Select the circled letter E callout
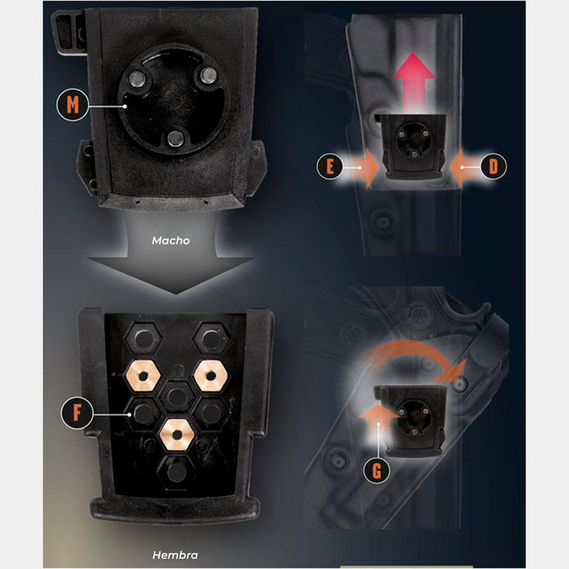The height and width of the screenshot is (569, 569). click(329, 167)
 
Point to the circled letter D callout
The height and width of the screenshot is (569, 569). click(494, 167)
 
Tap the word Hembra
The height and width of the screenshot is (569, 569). click(175, 556)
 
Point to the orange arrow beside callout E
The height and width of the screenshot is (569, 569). click(365, 168)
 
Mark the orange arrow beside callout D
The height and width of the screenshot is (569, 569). click(460, 167)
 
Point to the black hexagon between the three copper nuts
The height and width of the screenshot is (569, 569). click(175, 395)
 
